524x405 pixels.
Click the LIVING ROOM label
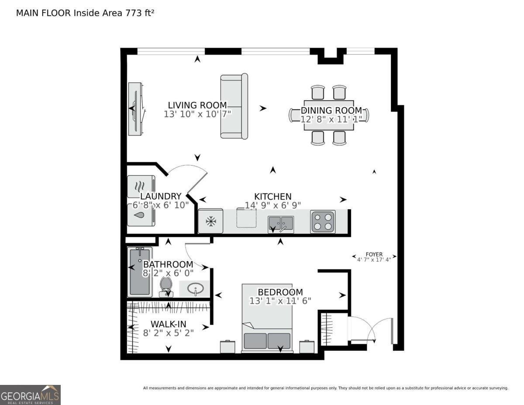pos(197,105)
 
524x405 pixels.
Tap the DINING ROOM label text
pos(331,111)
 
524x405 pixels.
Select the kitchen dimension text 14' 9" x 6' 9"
pos(273,205)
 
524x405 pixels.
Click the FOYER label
pos(374,254)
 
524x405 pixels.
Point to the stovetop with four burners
pos(323,222)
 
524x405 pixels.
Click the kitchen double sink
pos(281,224)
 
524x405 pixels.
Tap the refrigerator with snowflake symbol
pos(211,222)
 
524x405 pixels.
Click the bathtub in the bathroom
pos(140,272)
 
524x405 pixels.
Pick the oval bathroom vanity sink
pos(195,288)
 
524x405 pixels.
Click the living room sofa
pos(234,106)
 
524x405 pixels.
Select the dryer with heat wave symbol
pos(140,186)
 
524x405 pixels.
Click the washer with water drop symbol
pos(140,215)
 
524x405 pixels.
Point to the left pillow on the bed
pos(255,341)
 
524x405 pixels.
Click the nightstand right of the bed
pos(307,347)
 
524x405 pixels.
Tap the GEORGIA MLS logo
pos(30,395)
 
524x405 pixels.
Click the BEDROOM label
pos(280,292)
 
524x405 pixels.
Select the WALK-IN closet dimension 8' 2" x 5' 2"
pos(168,332)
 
